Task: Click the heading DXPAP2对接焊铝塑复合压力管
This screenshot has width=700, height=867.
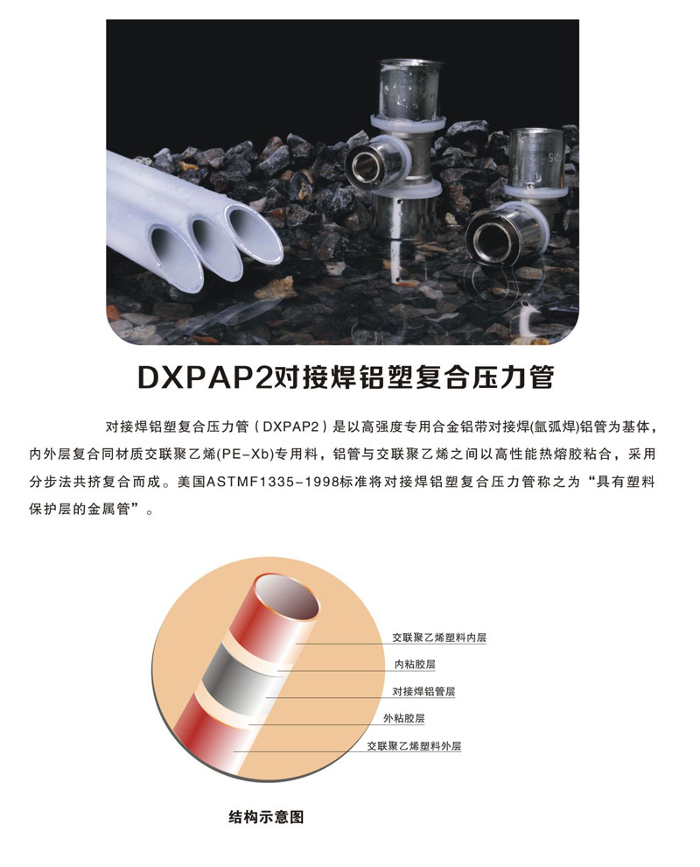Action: (345, 377)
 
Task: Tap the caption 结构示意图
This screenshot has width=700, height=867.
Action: (266, 817)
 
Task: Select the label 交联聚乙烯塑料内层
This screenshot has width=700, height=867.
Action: (439, 638)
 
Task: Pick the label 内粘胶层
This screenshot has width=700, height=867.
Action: (415, 664)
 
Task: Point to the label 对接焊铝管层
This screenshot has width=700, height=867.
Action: (423, 691)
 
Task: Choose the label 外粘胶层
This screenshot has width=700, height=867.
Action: (404, 718)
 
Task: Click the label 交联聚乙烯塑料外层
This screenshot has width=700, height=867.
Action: (415, 746)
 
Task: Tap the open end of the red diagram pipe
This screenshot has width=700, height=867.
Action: (288, 599)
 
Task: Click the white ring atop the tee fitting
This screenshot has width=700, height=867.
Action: (408, 123)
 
